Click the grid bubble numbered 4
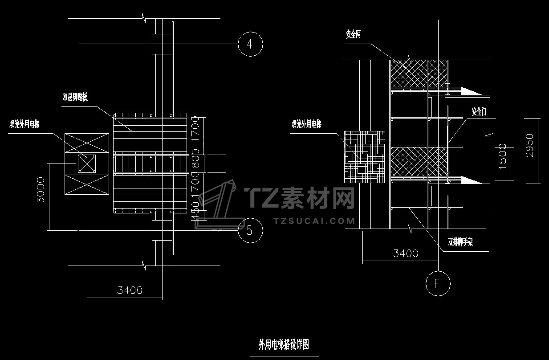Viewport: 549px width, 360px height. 250,44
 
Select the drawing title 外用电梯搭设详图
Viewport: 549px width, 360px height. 284,344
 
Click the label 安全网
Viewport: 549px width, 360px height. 353,34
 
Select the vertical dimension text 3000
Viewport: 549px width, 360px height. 41,190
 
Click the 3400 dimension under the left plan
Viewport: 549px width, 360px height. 130,290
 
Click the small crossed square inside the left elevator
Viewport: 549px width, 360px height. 87,164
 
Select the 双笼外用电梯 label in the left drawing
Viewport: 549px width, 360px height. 24,124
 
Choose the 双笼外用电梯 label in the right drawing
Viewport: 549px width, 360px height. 306,125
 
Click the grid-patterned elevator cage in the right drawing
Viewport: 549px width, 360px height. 365,156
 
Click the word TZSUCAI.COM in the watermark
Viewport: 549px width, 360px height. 314,221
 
